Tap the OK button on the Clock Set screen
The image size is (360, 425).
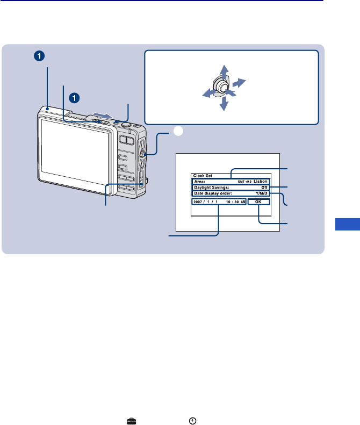point(258,202)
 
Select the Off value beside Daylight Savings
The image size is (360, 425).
point(264,188)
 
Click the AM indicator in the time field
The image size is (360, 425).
point(243,203)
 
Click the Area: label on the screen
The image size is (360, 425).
point(199,182)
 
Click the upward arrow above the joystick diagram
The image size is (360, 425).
point(225,70)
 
